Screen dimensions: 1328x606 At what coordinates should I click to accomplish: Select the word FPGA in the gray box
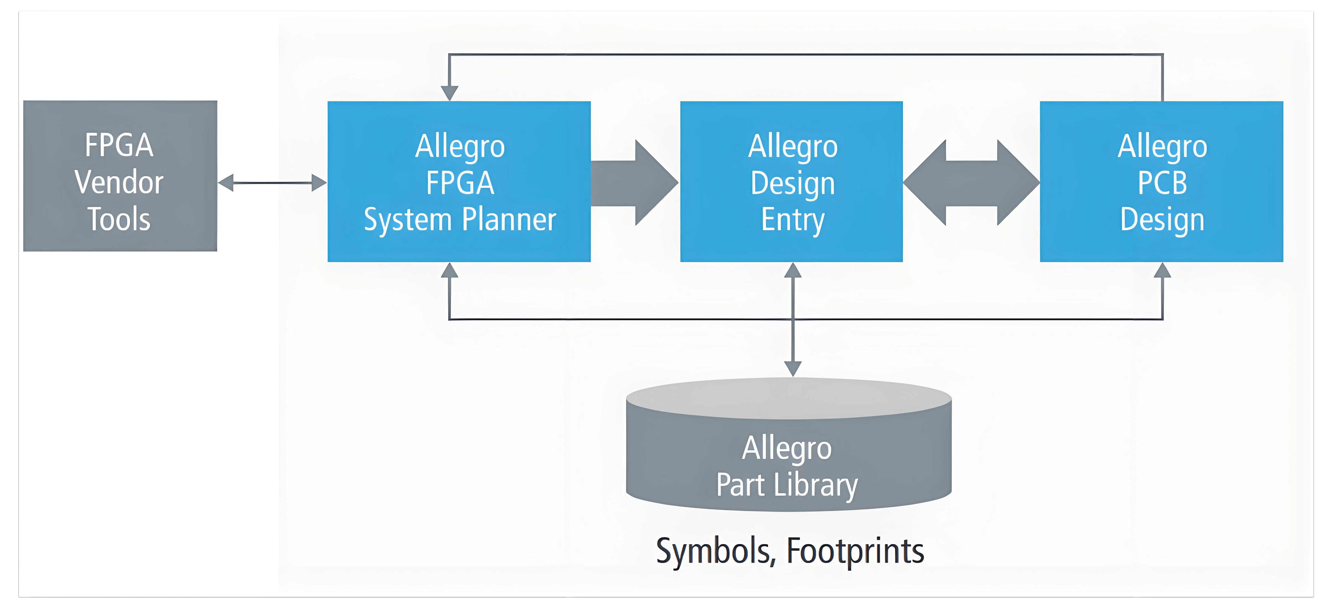119,145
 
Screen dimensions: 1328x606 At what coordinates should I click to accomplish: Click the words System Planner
460,220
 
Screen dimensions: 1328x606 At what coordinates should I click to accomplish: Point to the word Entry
793,220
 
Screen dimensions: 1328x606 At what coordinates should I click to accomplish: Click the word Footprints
855,551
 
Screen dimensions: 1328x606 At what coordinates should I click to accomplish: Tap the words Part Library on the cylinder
787,485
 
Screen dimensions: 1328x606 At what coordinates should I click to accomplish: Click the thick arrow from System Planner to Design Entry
634,183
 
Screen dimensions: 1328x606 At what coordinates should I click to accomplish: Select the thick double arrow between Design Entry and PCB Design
971,183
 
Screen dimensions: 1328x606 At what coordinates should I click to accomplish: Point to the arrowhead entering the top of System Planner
450,93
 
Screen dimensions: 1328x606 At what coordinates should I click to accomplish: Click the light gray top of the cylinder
789,398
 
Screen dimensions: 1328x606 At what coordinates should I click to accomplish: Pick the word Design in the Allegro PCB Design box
1163,220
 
